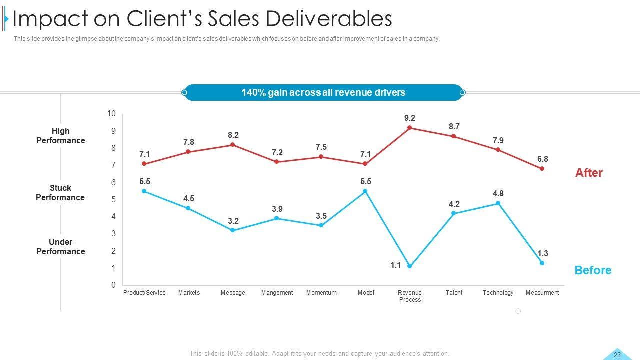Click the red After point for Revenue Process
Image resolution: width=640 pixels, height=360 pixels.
click(x=410, y=128)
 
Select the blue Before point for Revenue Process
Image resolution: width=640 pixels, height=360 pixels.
click(x=410, y=266)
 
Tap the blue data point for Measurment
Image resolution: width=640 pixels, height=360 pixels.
click(x=542, y=263)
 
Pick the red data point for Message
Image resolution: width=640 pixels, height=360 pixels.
click(x=233, y=145)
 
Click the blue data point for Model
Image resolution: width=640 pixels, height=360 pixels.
click(x=365, y=191)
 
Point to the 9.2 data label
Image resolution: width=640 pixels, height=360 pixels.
click(x=410, y=118)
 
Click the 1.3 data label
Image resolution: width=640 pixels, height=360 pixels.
click(x=543, y=254)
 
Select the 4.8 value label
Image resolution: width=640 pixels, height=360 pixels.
click(x=498, y=194)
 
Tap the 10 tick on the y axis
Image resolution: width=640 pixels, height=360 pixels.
click(x=111, y=114)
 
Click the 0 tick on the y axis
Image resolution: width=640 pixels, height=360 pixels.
click(x=113, y=285)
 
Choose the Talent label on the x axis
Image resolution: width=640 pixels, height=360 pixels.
click(x=454, y=293)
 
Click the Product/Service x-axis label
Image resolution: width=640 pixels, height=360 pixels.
click(x=144, y=293)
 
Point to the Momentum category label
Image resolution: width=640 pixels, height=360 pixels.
click(x=321, y=293)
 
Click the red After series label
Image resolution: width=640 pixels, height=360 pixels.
click(x=589, y=173)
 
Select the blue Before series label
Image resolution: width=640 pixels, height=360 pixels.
click(x=593, y=270)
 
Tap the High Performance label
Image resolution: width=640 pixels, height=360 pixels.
click(x=61, y=136)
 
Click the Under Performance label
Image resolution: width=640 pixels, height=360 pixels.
click(x=61, y=247)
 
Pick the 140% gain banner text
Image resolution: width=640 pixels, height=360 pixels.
click(x=323, y=93)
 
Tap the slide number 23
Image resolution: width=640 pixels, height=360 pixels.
click(x=617, y=355)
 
